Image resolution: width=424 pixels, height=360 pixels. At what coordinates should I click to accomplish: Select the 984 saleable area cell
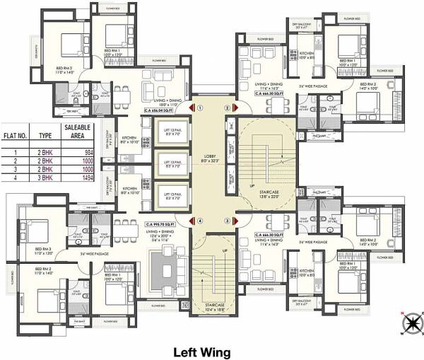[x=84, y=152]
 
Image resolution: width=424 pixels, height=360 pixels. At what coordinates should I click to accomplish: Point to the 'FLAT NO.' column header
[x=16, y=133]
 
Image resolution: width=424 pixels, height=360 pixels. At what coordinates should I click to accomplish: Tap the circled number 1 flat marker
[x=201, y=108]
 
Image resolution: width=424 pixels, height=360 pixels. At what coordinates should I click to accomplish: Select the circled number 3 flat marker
[x=227, y=220]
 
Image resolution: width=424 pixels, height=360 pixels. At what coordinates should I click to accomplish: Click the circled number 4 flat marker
[x=201, y=220]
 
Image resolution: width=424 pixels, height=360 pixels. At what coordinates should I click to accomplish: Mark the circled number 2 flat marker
[x=227, y=108]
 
